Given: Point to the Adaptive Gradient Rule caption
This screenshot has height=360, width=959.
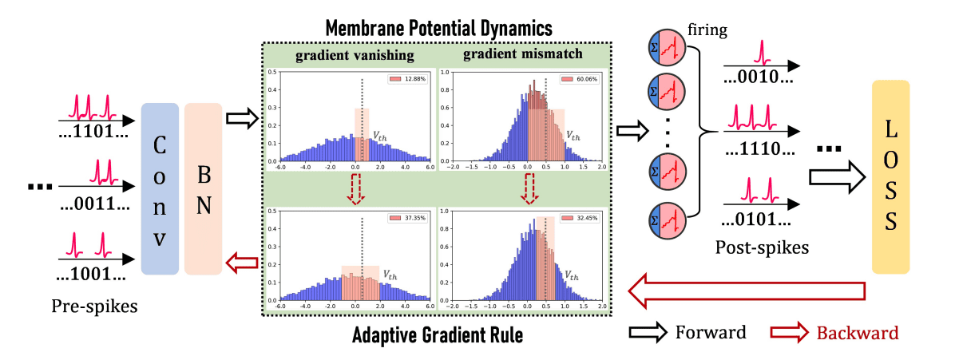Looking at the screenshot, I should click(x=438, y=334).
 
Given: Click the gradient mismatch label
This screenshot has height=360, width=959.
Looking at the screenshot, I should click(x=523, y=56).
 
